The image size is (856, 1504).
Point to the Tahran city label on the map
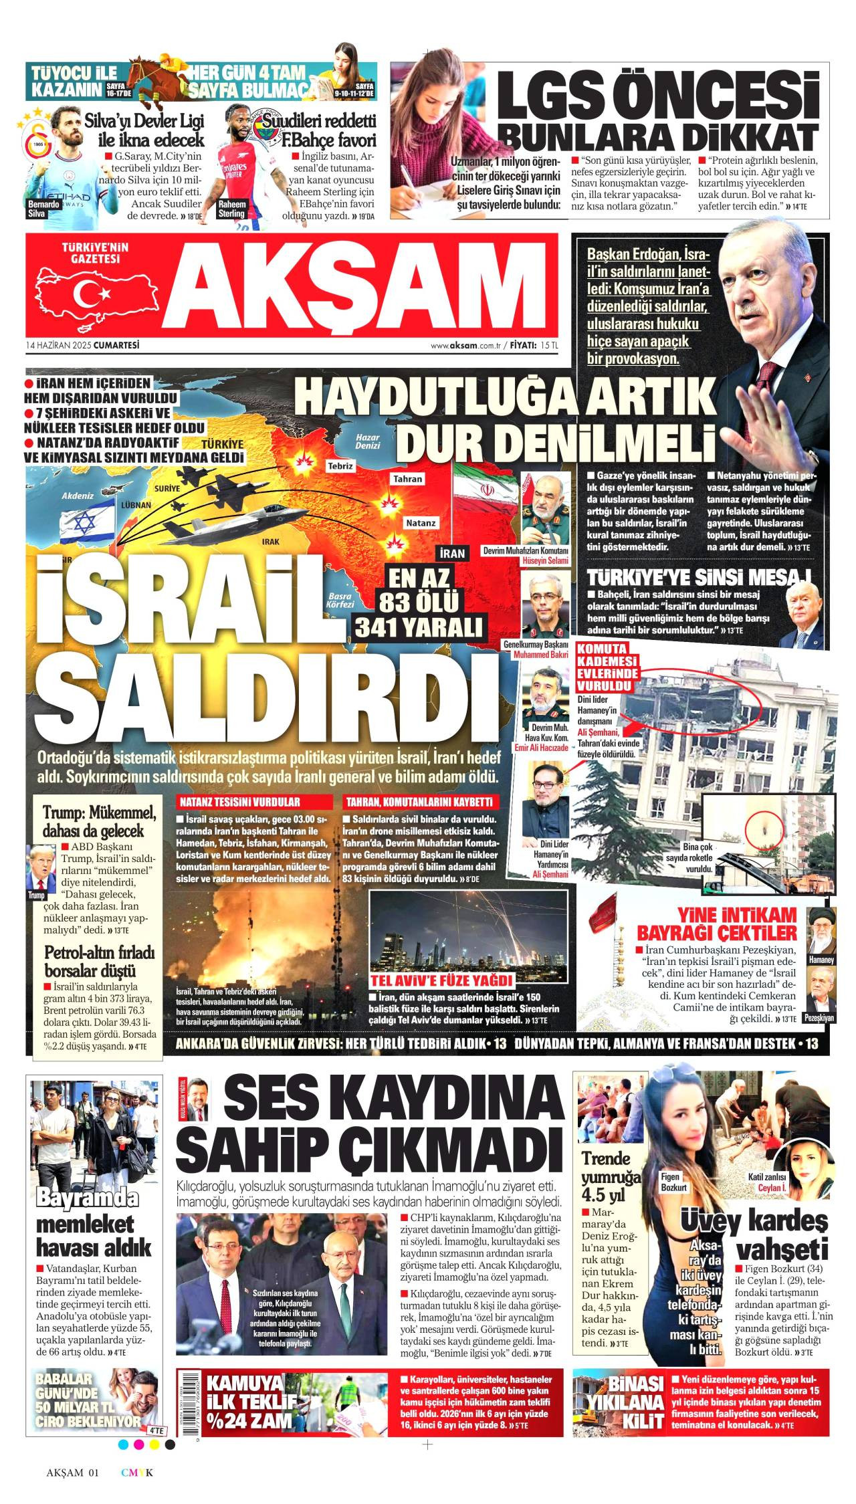[x=408, y=479]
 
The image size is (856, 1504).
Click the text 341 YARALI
[x=419, y=627]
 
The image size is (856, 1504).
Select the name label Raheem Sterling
[x=233, y=209]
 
